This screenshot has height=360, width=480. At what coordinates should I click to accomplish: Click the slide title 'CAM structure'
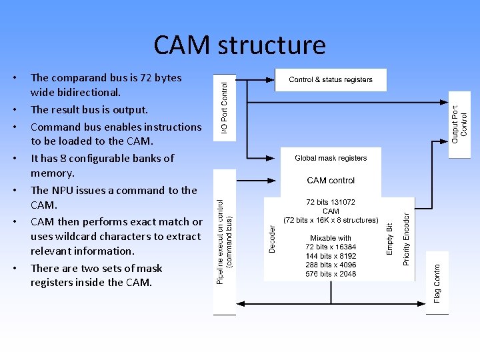coord(239,45)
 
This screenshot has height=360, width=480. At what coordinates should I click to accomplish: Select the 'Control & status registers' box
coord(331,80)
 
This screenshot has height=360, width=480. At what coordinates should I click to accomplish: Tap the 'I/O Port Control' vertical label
coord(225,107)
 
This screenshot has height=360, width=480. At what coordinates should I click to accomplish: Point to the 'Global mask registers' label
coord(331,158)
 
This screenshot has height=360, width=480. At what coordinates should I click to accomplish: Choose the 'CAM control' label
coord(331,180)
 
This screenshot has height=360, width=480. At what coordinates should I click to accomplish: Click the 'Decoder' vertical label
coord(272,238)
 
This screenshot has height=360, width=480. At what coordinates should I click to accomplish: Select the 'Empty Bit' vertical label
coord(390,238)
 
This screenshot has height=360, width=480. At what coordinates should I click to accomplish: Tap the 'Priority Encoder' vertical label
coord(407,233)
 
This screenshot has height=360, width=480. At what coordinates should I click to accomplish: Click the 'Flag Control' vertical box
coord(437,280)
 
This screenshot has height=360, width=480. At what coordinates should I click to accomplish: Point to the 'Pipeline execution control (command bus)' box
coord(225,241)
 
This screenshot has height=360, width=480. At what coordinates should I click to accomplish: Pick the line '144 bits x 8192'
coord(331,255)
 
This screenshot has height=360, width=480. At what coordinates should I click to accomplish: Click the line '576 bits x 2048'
coord(331,273)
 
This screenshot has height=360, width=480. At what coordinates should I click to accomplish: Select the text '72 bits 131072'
coord(331,202)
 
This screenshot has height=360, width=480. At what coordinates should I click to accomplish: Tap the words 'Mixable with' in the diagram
coord(331,237)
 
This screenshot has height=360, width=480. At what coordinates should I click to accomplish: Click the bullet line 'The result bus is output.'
coord(89,109)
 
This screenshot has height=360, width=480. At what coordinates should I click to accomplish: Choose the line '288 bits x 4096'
coord(331,264)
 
